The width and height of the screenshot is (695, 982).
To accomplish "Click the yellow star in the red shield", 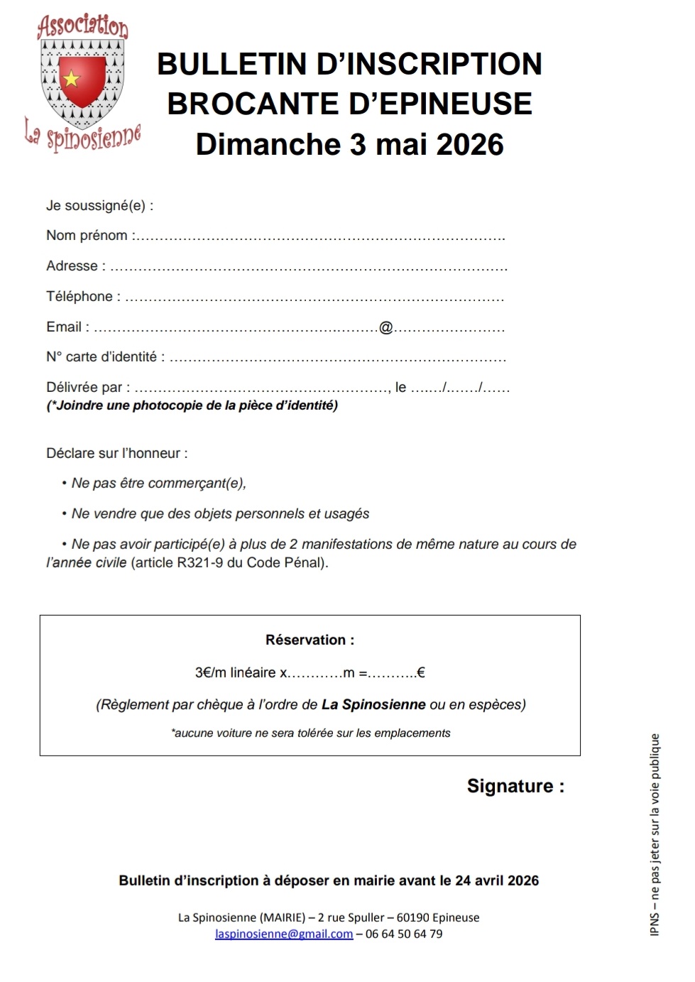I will pyautogui.click(x=72, y=79).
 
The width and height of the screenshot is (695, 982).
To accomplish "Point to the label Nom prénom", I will pyautogui.click(x=87, y=236).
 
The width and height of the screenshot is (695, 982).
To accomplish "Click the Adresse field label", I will pyautogui.click(x=72, y=266).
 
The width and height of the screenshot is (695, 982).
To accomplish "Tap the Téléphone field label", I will pyautogui.click(x=80, y=297).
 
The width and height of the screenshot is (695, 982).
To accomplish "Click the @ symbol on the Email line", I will pyautogui.click(x=385, y=327).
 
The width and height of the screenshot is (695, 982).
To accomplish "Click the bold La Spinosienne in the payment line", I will pyautogui.click(x=373, y=705).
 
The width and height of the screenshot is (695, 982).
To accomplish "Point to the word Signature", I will pyautogui.click(x=510, y=786).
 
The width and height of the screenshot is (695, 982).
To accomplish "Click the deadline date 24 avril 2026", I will pyautogui.click(x=497, y=880).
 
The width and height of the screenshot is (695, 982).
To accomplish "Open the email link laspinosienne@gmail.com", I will pyautogui.click(x=284, y=934).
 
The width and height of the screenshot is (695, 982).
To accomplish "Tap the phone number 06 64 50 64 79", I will pyautogui.click(x=404, y=934).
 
